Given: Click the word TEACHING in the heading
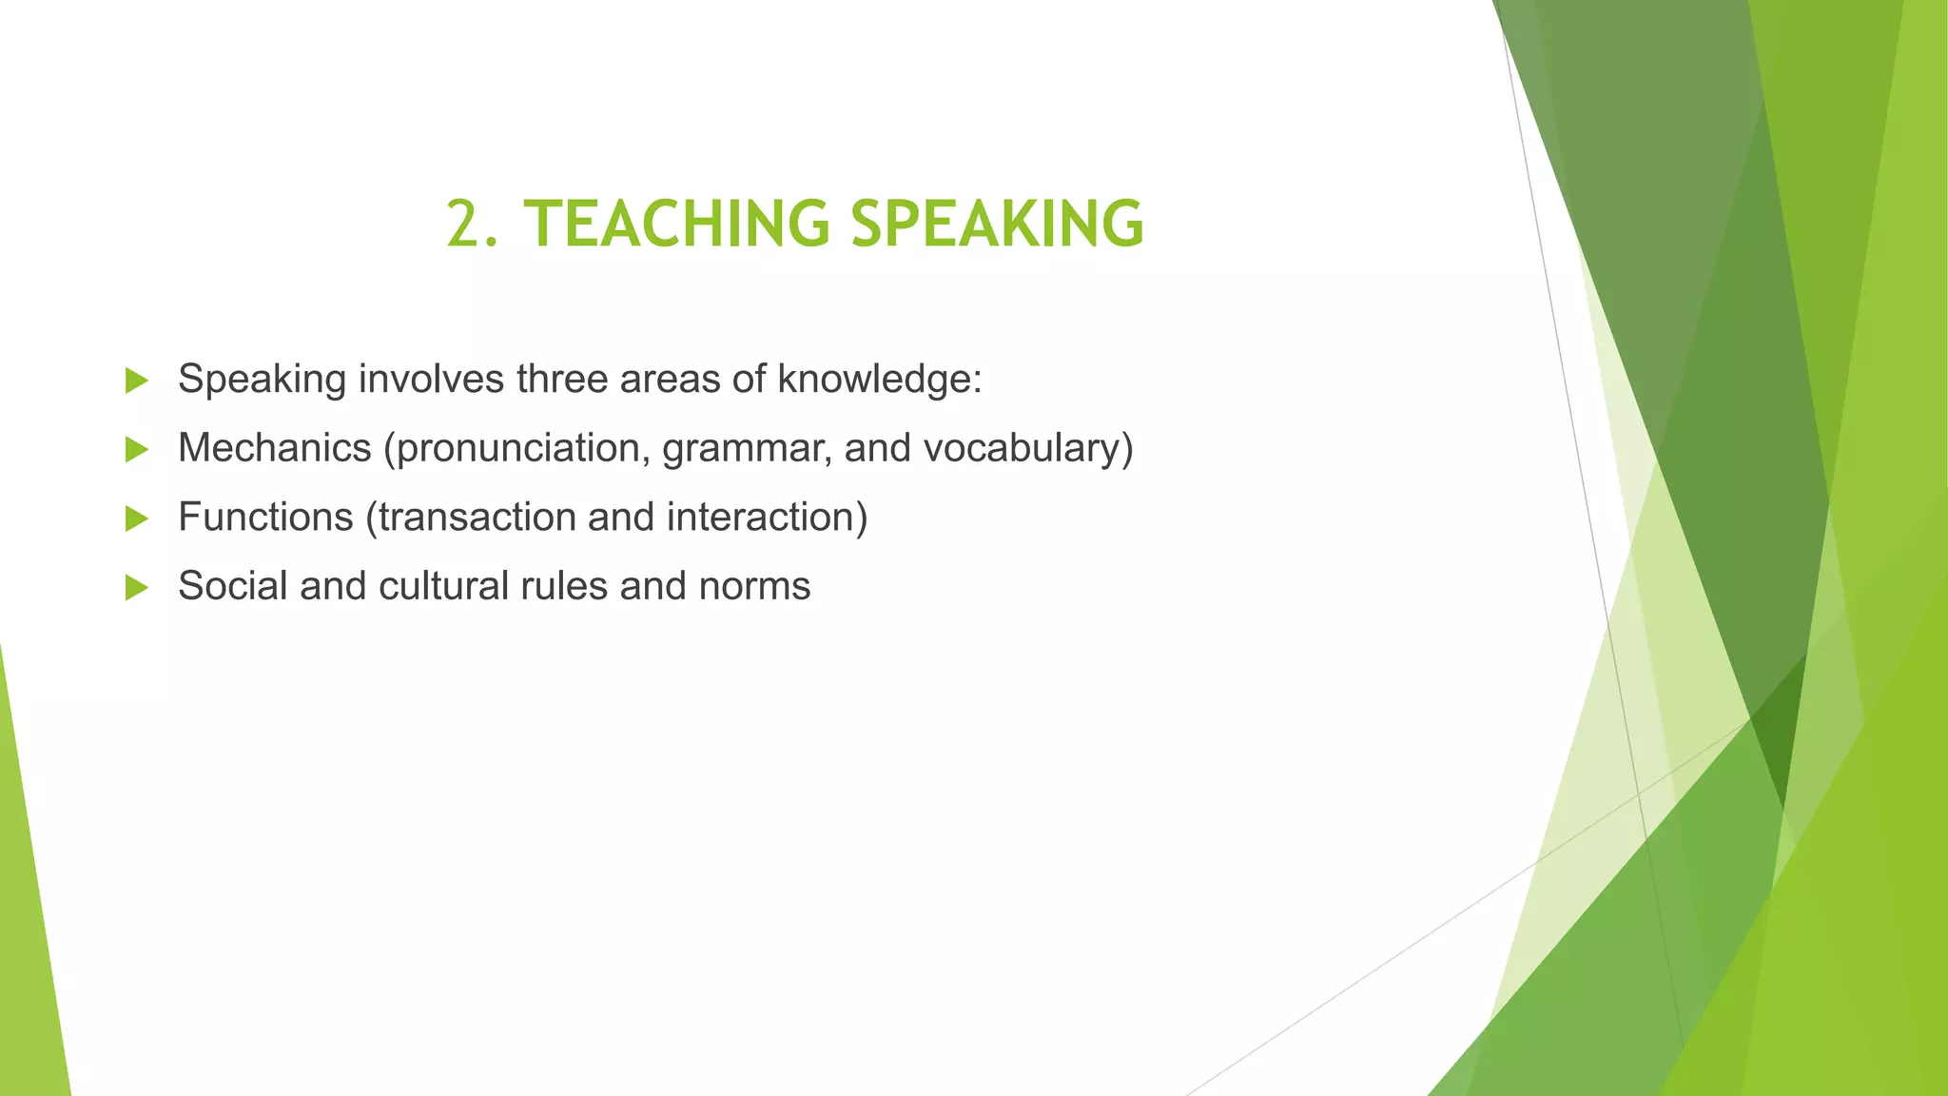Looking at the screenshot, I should pyautogui.click(x=677, y=225).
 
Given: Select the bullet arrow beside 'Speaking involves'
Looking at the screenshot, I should pyautogui.click(x=137, y=381).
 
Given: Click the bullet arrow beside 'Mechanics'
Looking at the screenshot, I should pyautogui.click(x=137, y=449).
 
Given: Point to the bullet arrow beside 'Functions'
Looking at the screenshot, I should pyautogui.click(x=137, y=519).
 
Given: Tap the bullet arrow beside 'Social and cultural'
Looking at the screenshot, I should pyautogui.click(x=137, y=587).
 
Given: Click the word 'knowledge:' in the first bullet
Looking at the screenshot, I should pyautogui.click(x=879, y=379).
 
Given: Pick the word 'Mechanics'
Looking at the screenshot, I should pyautogui.click(x=274, y=448).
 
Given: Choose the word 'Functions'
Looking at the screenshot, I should pyautogui.click(x=265, y=517).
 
